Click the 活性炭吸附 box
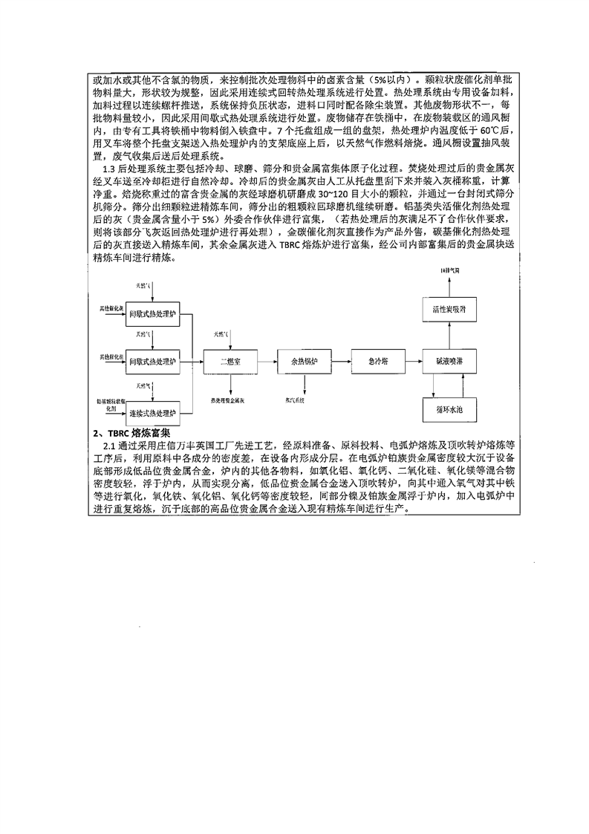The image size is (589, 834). pos(449,307)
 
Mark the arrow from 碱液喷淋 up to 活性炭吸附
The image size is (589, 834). pos(449,335)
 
